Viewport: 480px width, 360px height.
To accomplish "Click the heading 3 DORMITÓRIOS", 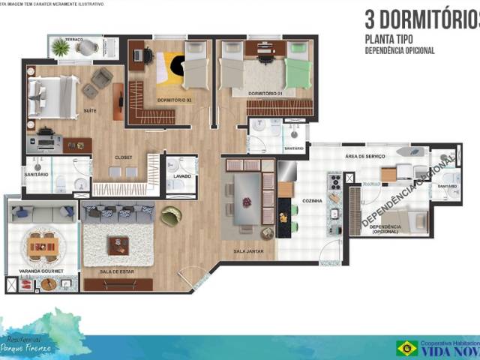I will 421,18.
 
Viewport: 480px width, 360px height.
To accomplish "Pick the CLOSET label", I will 124,157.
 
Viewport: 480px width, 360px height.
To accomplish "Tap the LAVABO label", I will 181,177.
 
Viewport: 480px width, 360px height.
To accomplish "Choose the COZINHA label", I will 312,201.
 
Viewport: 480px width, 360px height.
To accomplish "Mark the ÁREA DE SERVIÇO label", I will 365,156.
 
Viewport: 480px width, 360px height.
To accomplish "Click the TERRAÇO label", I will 74,39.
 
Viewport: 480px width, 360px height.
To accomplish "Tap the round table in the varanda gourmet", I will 42,244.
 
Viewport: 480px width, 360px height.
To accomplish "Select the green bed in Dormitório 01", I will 297,72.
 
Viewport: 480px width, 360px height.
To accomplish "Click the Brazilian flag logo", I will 407,347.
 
